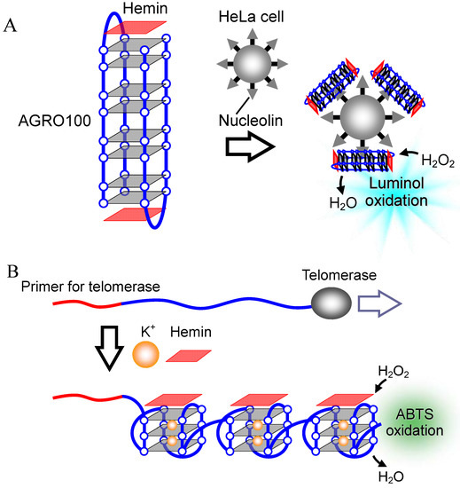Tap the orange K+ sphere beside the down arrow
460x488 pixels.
(x=145, y=356)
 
